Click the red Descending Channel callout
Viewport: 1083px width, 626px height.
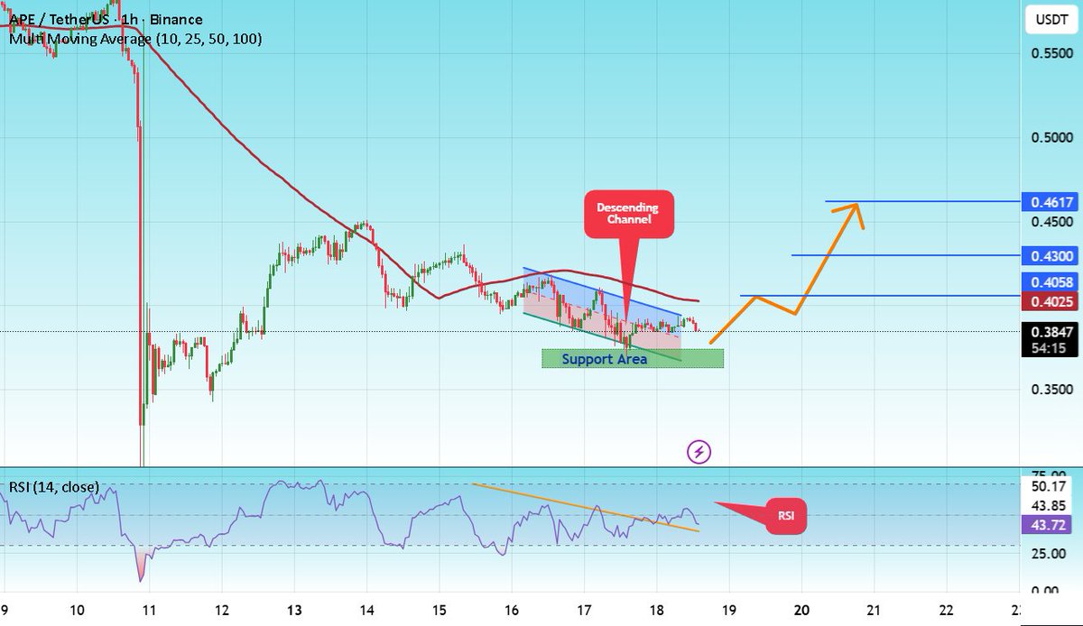pyautogui.click(x=629, y=214)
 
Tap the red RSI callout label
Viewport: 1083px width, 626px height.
pyautogui.click(x=785, y=517)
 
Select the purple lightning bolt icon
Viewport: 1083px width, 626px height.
pyautogui.click(x=699, y=451)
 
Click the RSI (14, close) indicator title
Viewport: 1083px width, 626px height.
pyautogui.click(x=54, y=487)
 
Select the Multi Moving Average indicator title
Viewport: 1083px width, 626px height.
pyautogui.click(x=135, y=39)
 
